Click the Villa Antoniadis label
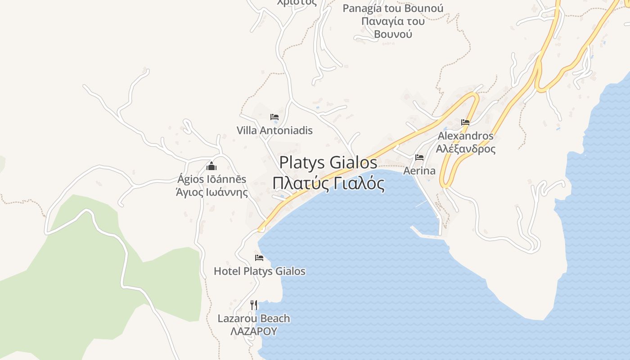tap(274, 130)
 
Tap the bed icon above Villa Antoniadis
tap(274, 117)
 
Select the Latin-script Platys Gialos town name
tap(328, 162)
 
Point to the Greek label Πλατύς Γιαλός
tap(328, 184)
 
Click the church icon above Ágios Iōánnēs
tap(211, 166)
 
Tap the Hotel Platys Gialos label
tap(260, 271)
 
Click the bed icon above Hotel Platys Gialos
tap(259, 258)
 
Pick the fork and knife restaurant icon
tap(254, 305)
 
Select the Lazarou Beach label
tap(254, 319)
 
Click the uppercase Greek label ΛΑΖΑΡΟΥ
tap(253, 332)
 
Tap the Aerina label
tap(419, 171)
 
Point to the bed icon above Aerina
tap(419, 157)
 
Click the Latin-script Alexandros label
tap(465, 136)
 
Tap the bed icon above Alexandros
tap(465, 122)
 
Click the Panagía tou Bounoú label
tap(393, 9)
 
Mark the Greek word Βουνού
tap(393, 34)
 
